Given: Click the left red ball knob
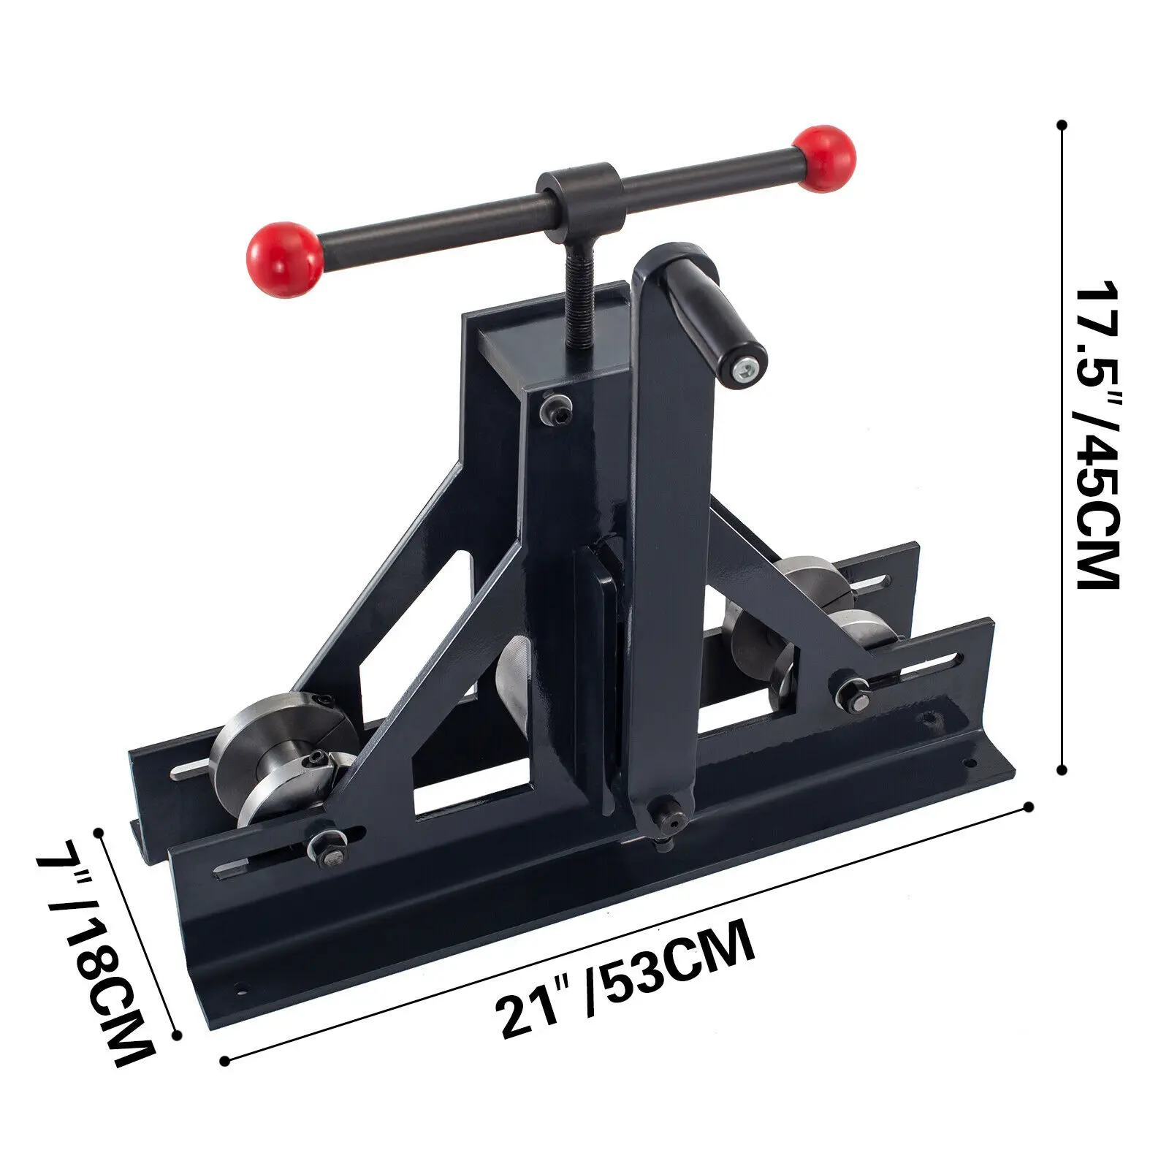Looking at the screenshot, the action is click(284, 259).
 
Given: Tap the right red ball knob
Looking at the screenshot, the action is click(825, 159).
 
